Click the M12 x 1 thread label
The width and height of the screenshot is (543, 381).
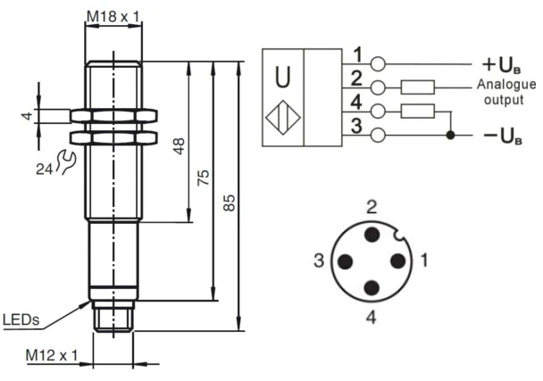(x=52, y=356)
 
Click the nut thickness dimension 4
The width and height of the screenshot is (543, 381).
(x=27, y=116)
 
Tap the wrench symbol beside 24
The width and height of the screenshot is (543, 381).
(x=64, y=161)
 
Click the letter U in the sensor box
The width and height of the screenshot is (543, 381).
(x=282, y=78)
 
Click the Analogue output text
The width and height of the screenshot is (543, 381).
(x=505, y=92)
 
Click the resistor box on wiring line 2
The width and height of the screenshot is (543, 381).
(x=418, y=87)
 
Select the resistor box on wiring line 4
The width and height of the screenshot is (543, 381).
(x=418, y=111)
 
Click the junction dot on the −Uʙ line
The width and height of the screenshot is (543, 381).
(x=451, y=135)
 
